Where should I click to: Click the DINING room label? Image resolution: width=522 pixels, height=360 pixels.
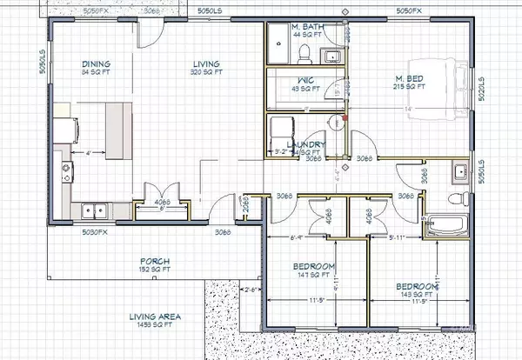pos(96,63)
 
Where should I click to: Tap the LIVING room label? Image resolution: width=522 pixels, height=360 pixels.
pos(207,63)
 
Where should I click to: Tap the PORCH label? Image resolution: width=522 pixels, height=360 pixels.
pos(155,262)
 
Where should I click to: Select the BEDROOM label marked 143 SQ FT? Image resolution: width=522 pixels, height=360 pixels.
pos(417,287)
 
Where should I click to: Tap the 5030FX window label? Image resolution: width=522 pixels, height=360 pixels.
pos(94,232)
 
